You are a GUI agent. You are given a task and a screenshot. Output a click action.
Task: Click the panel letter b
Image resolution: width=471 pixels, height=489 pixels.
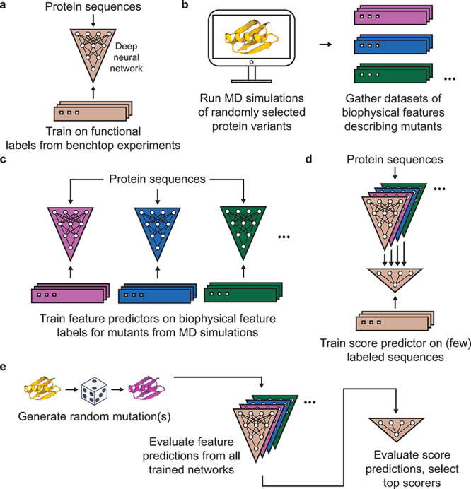185,6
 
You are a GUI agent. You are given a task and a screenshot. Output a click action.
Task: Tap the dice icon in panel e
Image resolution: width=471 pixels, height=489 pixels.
94,390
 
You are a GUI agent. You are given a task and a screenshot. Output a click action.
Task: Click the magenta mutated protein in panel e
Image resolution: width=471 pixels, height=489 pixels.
146,388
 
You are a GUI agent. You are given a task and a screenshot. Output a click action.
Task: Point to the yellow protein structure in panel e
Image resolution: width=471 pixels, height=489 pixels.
42,388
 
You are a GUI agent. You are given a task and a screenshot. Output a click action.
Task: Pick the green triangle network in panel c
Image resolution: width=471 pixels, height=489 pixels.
243,234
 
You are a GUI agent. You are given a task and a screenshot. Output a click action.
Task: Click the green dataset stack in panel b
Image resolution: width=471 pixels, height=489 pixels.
393,73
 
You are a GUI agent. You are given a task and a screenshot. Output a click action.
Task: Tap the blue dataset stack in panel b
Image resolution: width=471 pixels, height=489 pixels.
393,45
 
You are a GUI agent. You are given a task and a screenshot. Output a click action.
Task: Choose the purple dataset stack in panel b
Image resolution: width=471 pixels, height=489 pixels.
393,15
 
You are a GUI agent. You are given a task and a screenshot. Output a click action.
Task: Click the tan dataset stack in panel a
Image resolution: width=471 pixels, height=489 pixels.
93,111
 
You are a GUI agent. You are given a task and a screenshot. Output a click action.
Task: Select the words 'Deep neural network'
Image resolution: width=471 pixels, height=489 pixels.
127,57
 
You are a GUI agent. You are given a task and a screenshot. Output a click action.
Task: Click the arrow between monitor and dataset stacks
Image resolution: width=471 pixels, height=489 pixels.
325,45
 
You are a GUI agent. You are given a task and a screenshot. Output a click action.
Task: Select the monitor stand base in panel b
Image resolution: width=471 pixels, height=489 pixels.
252,81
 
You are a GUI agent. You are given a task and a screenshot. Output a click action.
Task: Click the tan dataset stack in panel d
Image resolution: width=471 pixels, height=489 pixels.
395,321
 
